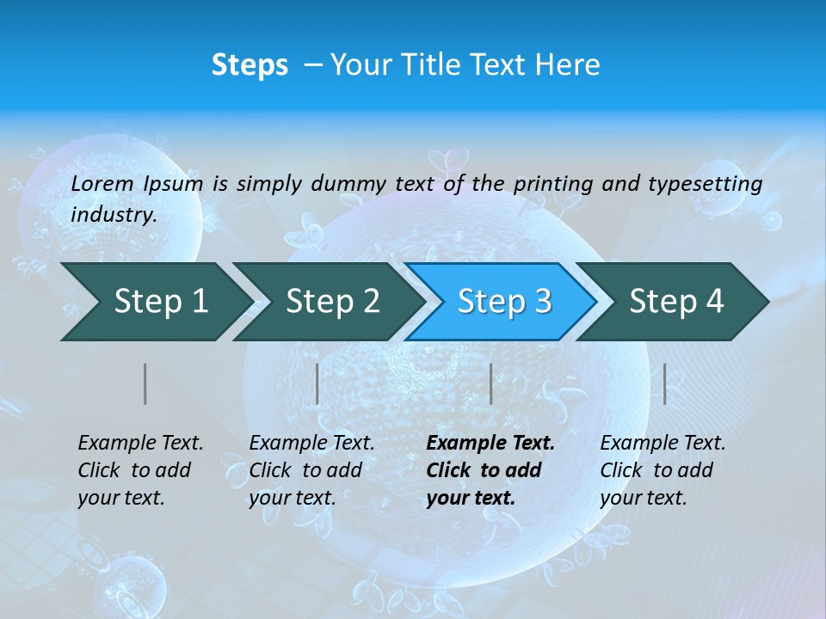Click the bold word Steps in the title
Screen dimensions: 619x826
click(250, 64)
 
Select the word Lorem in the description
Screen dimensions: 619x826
click(102, 183)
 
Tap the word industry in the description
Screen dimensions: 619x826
click(113, 215)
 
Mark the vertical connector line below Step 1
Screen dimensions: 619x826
click(145, 383)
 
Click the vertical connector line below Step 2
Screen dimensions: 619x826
click(317, 383)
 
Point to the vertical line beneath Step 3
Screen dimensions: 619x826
click(490, 383)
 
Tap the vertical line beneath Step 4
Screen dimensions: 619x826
click(664, 383)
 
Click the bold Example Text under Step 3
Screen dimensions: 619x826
click(490, 444)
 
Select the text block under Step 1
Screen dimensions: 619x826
click(140, 470)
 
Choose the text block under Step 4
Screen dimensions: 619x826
click(663, 470)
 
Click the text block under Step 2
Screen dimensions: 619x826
click(311, 470)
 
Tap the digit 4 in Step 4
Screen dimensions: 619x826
click(714, 302)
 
